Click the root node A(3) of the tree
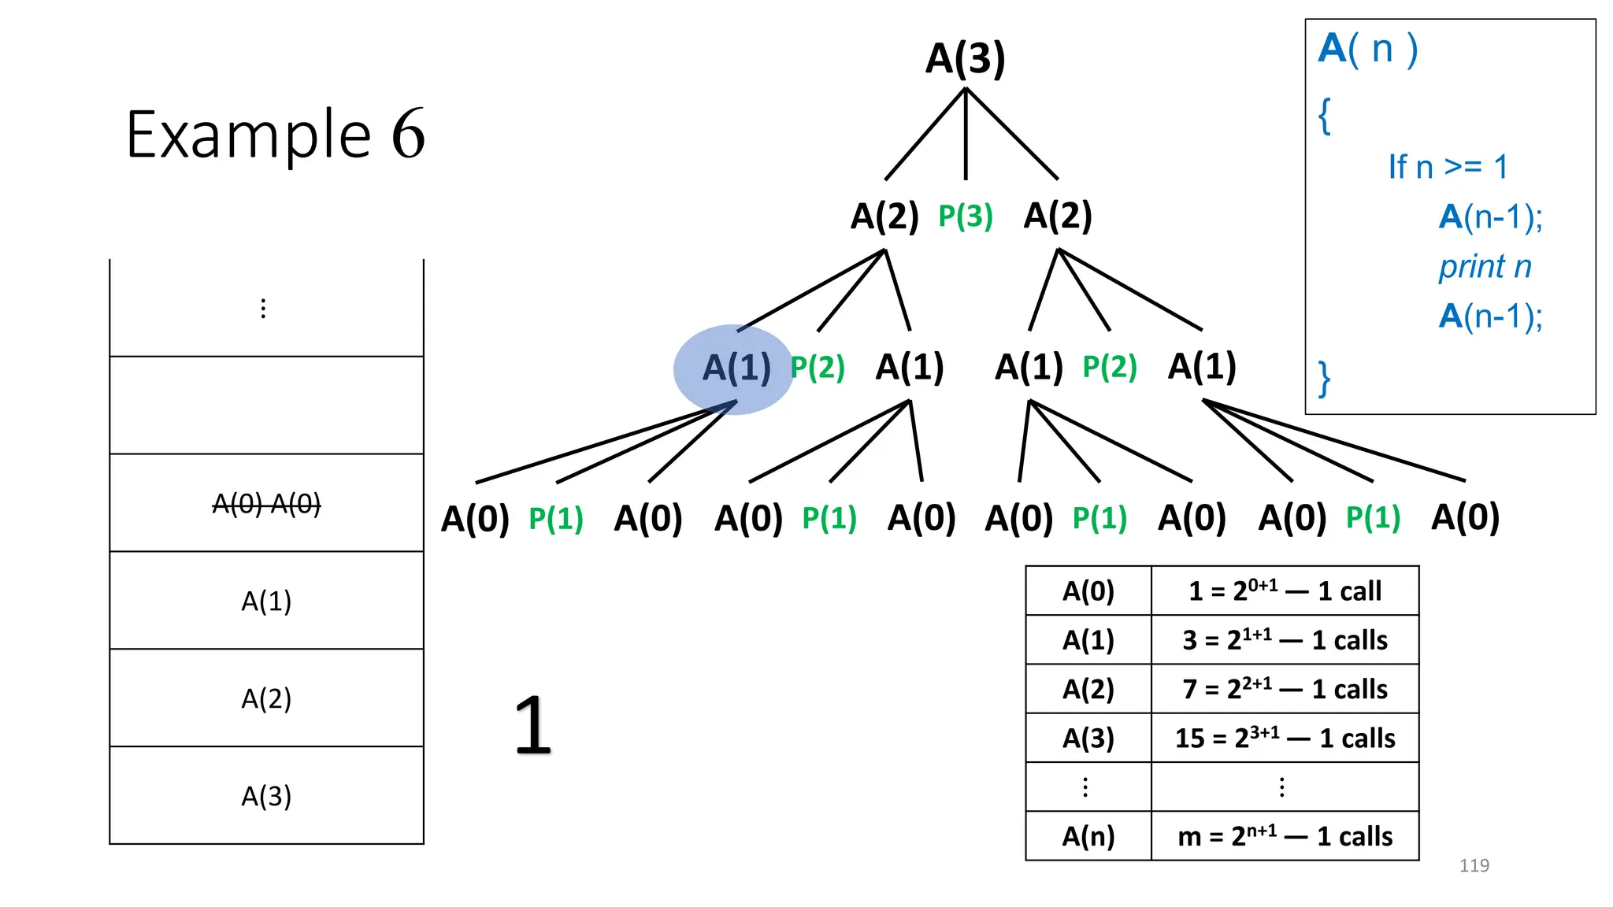965,58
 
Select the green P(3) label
965,216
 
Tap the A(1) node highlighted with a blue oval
736,368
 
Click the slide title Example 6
275,135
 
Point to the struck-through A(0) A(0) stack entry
266,503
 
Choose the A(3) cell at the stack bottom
266,796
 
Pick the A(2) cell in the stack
266,698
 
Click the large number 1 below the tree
532,725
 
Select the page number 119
1474,865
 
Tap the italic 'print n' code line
1485,266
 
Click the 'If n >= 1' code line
1448,167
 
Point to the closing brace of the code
1325,379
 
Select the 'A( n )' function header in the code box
1368,49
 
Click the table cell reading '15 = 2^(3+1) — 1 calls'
1285,738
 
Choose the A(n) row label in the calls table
1088,836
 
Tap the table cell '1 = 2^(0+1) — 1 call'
1285,590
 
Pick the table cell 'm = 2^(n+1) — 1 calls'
1285,836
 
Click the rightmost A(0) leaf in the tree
1465,517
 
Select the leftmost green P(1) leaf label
555,519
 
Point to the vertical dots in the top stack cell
263,309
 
